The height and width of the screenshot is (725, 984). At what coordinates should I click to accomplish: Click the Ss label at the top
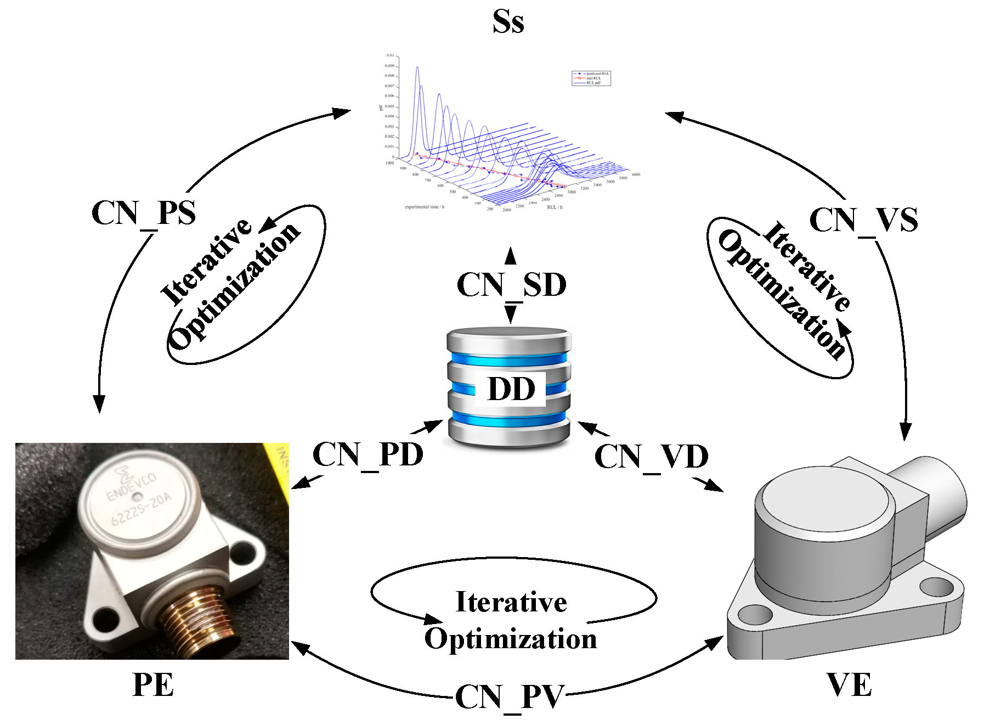coord(508,22)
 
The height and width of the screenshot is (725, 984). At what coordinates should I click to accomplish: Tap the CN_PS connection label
coord(144,213)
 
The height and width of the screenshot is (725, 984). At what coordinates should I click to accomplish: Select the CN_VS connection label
coord(863,220)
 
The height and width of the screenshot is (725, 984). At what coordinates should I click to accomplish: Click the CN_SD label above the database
coord(511,285)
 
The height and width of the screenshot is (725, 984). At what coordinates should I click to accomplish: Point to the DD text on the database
coord(511,389)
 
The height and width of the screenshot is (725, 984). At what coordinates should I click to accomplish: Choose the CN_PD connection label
coord(368,454)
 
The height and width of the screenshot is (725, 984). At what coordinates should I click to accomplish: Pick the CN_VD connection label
coord(651,457)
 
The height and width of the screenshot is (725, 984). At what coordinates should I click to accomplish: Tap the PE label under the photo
coord(153,685)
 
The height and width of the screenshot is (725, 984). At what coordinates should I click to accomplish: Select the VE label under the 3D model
coord(849,685)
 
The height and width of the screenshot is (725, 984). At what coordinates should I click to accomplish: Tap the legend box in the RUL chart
coord(591,78)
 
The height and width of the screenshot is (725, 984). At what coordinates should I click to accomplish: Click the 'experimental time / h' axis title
coord(425,207)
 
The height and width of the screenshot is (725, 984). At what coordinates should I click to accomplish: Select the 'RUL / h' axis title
coord(555,207)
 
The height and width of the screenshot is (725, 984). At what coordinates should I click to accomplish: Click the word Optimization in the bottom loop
coord(511,639)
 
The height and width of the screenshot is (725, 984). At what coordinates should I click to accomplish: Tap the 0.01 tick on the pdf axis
coord(390,55)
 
